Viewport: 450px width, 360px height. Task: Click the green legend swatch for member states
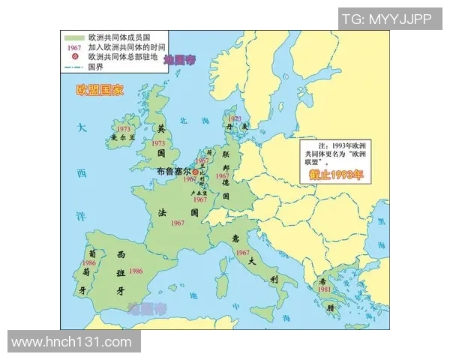tap(73, 37)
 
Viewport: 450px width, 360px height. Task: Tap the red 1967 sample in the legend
tap(73, 46)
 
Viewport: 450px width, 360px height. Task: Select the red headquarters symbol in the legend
tap(73, 56)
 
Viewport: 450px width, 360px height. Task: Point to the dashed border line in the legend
tap(73, 66)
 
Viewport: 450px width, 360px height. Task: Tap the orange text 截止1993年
tap(335, 175)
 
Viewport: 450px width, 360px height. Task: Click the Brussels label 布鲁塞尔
tap(175, 172)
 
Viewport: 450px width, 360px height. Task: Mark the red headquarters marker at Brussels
tap(196, 172)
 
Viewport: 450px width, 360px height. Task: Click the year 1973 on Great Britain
tap(158, 142)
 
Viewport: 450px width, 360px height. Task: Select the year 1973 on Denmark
tap(235, 119)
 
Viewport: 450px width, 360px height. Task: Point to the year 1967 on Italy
tap(241, 253)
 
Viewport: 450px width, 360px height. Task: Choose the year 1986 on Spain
tap(136, 270)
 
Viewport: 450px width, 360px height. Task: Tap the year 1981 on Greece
tap(323, 289)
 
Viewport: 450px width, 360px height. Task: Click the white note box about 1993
tap(334, 154)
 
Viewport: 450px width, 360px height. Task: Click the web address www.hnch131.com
tap(72, 342)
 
